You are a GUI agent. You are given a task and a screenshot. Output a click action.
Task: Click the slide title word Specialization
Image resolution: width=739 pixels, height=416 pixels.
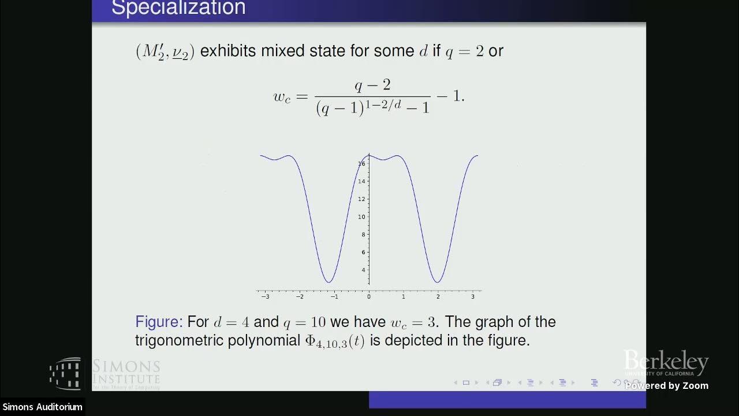[x=178, y=8]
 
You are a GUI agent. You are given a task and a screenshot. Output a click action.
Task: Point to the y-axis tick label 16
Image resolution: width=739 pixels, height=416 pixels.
[x=361, y=164]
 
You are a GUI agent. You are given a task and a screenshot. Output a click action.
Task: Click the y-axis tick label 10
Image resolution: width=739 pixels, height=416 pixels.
[x=361, y=217]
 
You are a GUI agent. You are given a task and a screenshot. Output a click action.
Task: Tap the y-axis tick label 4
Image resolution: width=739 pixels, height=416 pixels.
[x=363, y=270]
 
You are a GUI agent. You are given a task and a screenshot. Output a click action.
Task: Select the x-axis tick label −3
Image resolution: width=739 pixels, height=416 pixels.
[x=265, y=296]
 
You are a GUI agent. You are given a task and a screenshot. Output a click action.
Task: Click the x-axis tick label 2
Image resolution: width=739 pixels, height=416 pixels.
[x=438, y=296]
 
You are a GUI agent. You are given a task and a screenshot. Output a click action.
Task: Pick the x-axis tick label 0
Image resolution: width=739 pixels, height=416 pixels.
[x=369, y=296]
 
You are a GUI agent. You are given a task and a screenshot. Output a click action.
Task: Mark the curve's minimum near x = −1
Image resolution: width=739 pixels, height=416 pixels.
[x=329, y=282]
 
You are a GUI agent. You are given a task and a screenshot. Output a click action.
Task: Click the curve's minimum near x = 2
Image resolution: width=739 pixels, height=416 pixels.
[x=438, y=282]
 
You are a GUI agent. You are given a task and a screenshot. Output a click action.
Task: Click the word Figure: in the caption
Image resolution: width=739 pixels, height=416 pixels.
[x=159, y=322]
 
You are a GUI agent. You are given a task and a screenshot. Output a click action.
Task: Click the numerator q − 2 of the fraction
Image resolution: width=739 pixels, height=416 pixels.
[x=372, y=86]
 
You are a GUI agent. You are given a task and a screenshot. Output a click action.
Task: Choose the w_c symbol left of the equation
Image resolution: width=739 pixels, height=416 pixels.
[x=282, y=96]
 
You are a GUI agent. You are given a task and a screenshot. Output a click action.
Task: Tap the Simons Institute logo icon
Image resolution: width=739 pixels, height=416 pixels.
[x=65, y=373]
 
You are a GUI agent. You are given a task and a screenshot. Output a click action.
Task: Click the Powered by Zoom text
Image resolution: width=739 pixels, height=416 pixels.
[x=667, y=386]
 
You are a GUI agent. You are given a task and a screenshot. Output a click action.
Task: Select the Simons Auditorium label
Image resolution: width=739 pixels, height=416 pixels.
[x=42, y=407]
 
